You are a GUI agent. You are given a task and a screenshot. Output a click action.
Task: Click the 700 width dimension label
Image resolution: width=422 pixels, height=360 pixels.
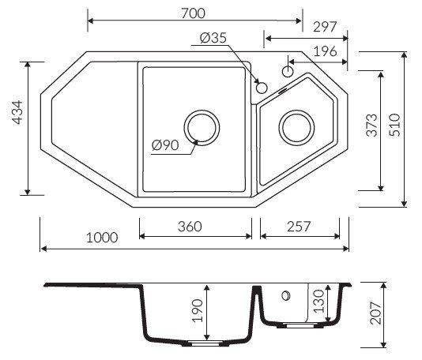[x=193, y=13]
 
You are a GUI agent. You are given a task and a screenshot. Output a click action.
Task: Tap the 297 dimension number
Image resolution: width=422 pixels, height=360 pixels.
[x=325, y=27]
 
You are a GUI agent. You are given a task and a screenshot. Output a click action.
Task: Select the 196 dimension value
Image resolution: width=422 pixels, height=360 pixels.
[x=325, y=51]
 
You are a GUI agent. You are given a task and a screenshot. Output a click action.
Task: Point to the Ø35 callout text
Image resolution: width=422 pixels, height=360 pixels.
[x=213, y=38]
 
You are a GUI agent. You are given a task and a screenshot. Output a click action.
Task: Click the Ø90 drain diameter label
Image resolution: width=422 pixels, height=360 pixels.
[x=165, y=145]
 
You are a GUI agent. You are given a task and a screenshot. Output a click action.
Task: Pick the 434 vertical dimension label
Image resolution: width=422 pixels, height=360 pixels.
[x=17, y=112]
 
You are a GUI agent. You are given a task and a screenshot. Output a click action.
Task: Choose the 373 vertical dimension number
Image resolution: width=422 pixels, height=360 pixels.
[x=372, y=125]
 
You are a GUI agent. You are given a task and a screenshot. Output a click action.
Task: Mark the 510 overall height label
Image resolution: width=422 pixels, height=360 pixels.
[x=395, y=125]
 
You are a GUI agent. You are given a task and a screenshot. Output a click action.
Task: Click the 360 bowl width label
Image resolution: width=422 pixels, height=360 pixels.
[x=190, y=227]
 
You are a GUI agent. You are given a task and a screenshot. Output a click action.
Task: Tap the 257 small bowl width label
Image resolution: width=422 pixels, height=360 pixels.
[x=299, y=227]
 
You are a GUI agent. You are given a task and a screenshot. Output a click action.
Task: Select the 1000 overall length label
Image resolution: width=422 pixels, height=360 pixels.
[x=102, y=238]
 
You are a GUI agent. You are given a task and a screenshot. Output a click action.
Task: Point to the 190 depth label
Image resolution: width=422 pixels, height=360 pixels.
[x=198, y=310]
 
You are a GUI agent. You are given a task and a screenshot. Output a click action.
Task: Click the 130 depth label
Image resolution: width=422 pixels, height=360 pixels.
[x=319, y=301]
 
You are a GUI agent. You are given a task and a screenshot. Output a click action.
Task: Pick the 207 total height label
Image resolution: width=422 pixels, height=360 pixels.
[x=375, y=313]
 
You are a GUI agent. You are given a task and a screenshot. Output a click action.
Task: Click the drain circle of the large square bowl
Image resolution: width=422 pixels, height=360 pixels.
[x=202, y=127]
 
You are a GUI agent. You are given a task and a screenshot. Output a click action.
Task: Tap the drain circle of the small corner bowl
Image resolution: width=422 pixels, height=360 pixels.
[x=296, y=127]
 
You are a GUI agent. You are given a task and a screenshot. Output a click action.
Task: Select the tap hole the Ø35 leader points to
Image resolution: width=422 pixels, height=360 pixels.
[x=262, y=88]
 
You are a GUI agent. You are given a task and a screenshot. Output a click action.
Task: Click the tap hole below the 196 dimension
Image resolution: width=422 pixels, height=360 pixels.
[x=288, y=72]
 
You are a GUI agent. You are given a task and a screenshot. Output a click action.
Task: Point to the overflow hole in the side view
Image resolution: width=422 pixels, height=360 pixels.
[x=285, y=296]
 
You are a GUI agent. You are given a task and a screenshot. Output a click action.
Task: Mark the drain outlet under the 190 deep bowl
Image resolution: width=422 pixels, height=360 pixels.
[x=202, y=343]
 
